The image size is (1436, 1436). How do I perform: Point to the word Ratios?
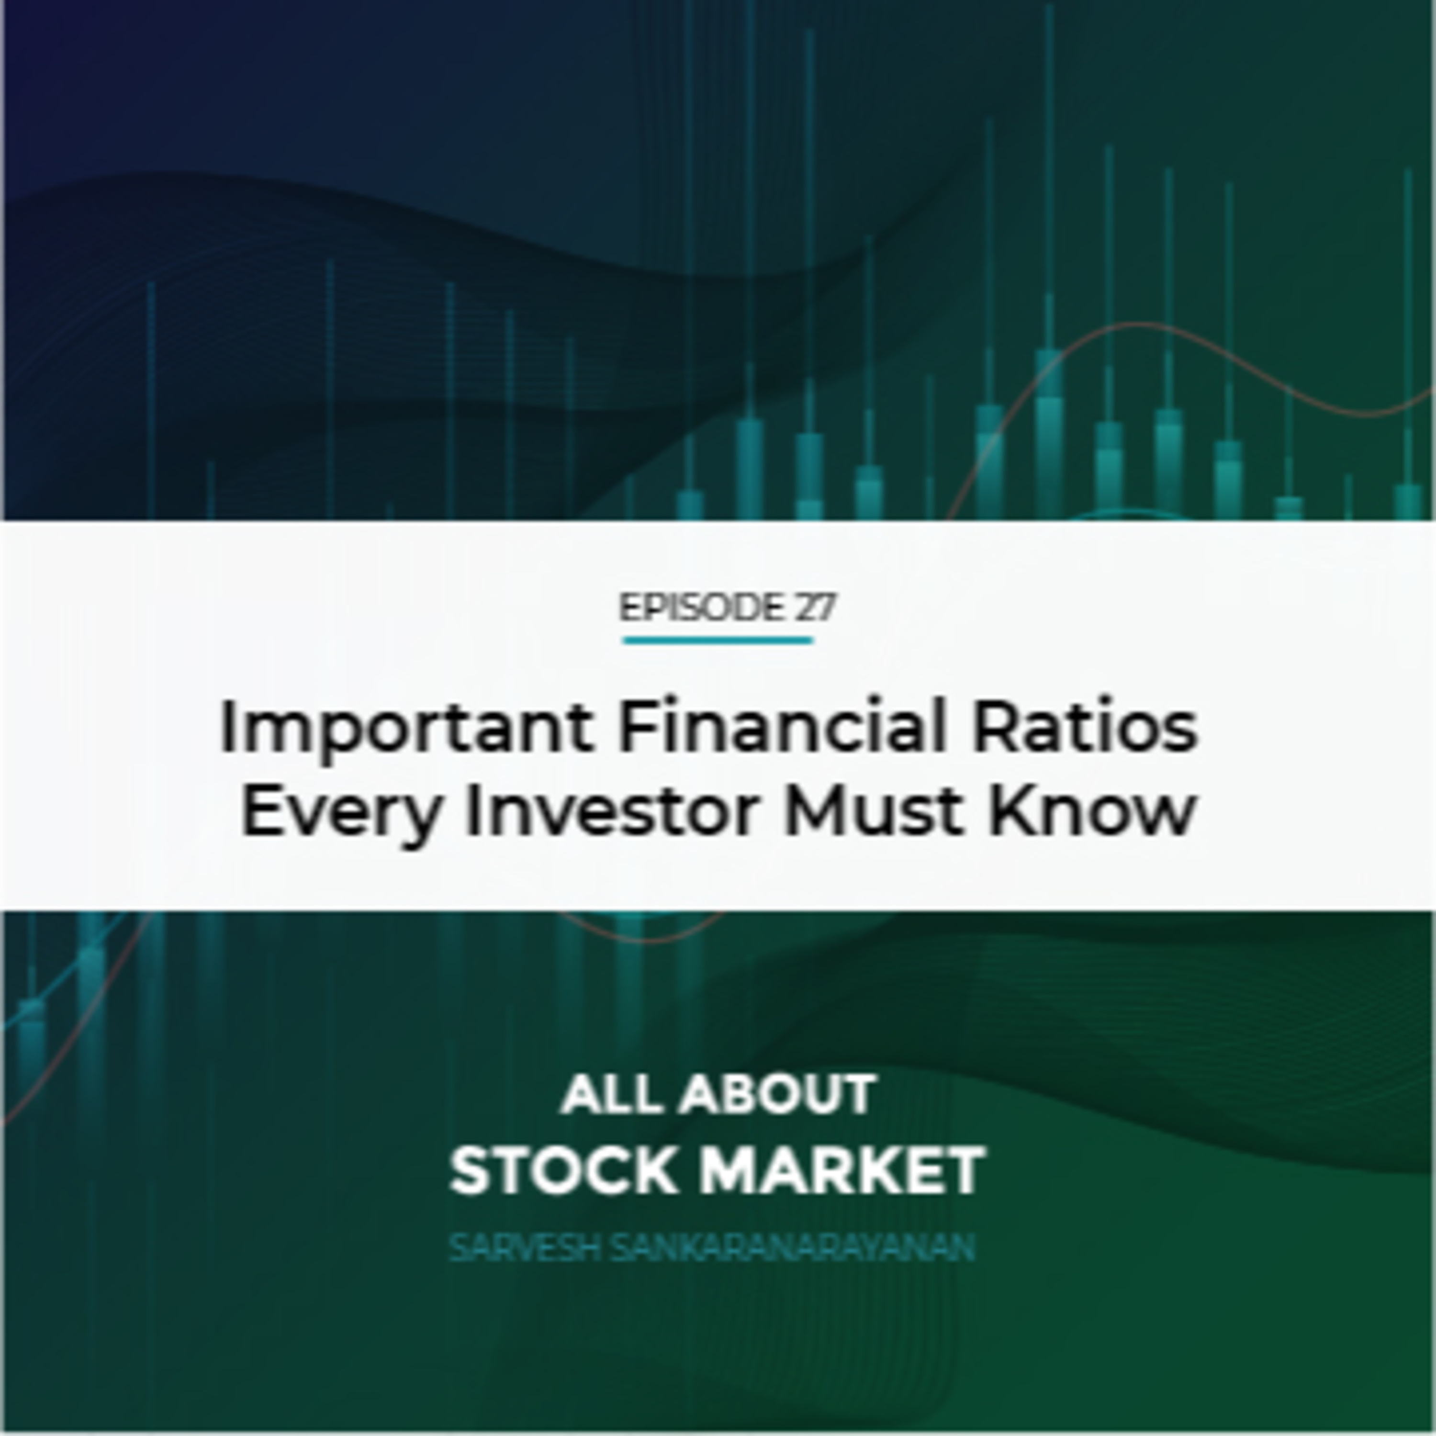pyautogui.click(x=1085, y=726)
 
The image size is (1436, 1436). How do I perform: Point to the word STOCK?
pyautogui.click(x=562, y=1171)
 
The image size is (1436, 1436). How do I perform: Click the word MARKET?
pyautogui.click(x=842, y=1171)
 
